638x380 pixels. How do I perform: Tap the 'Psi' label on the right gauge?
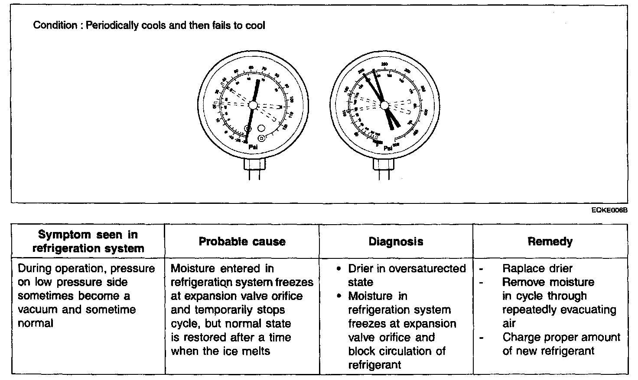click(388, 148)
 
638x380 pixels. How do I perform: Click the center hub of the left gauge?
click(253, 105)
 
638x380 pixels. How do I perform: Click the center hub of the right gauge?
click(384, 105)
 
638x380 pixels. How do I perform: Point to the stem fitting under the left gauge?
click(254, 164)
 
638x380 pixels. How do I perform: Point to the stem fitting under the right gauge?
click(384, 164)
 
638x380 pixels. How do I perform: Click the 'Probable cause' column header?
click(242, 242)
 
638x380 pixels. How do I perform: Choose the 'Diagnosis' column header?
click(396, 242)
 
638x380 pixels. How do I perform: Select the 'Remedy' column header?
click(550, 242)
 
